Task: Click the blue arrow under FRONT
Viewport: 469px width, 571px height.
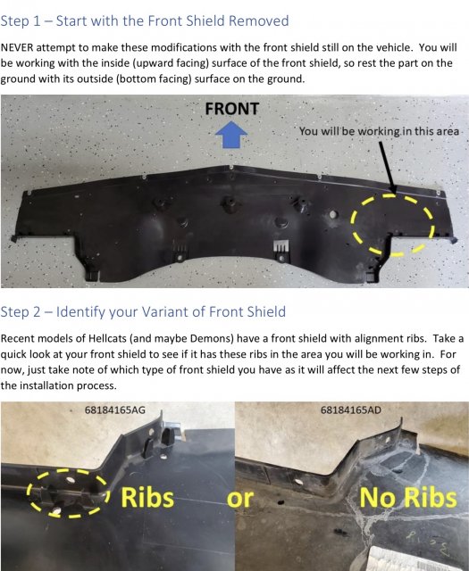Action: tap(231, 135)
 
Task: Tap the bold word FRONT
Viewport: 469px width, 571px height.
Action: tap(232, 109)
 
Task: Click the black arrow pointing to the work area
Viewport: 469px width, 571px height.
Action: tap(388, 167)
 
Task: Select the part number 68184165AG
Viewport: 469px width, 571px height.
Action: tap(115, 410)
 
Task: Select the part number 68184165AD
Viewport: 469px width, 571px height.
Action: tap(351, 410)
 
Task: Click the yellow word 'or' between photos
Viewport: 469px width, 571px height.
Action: tap(240, 499)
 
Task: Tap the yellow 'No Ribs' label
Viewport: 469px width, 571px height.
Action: tap(408, 498)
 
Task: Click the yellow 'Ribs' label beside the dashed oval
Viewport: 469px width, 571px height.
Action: tap(147, 497)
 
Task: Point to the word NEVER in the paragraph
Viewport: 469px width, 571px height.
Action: tap(17, 47)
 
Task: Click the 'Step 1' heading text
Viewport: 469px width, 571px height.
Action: tap(21, 21)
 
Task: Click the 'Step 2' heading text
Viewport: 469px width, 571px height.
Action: tap(21, 311)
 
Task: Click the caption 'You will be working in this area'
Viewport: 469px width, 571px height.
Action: tap(379, 131)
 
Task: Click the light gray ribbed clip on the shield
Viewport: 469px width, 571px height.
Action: tap(281, 247)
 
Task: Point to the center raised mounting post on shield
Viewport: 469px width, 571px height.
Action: tap(229, 204)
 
